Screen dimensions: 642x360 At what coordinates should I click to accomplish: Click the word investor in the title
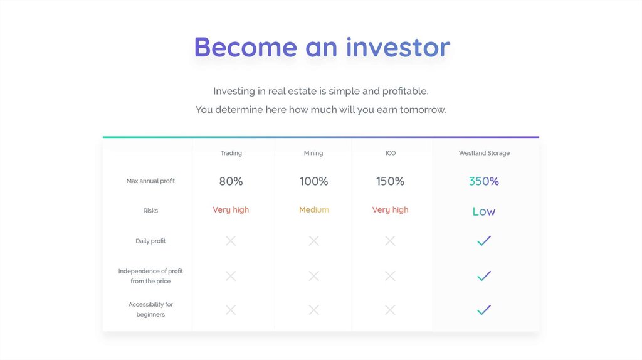coord(398,47)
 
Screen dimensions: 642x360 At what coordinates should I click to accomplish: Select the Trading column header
coord(231,153)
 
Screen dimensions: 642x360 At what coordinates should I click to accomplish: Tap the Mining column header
coord(313,153)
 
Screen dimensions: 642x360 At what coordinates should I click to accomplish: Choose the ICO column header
coord(390,153)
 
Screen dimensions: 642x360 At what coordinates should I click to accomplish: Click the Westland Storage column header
coord(484,153)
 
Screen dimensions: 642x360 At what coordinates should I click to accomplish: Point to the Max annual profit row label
coord(150,181)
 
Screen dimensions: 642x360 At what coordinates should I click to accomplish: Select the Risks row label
coord(150,211)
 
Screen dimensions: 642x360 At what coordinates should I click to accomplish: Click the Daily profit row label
coord(150,241)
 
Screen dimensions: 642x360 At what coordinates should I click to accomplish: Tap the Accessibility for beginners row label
coord(150,309)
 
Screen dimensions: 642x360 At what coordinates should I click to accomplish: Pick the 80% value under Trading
coord(231,181)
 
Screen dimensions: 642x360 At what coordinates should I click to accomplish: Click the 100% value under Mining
coord(313,181)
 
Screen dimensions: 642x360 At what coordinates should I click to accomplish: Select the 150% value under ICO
coord(390,181)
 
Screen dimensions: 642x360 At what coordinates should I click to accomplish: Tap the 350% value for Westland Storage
coord(484,181)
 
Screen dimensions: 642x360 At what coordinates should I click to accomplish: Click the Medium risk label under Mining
coord(314,209)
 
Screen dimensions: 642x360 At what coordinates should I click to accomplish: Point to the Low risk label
coord(484,211)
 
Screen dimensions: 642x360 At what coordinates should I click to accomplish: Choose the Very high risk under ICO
coord(390,210)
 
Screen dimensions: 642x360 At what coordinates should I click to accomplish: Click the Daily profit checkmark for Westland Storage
coord(484,241)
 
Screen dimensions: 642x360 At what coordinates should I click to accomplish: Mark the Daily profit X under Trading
coord(231,241)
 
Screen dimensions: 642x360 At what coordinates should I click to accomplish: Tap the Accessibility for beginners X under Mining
coord(314,310)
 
